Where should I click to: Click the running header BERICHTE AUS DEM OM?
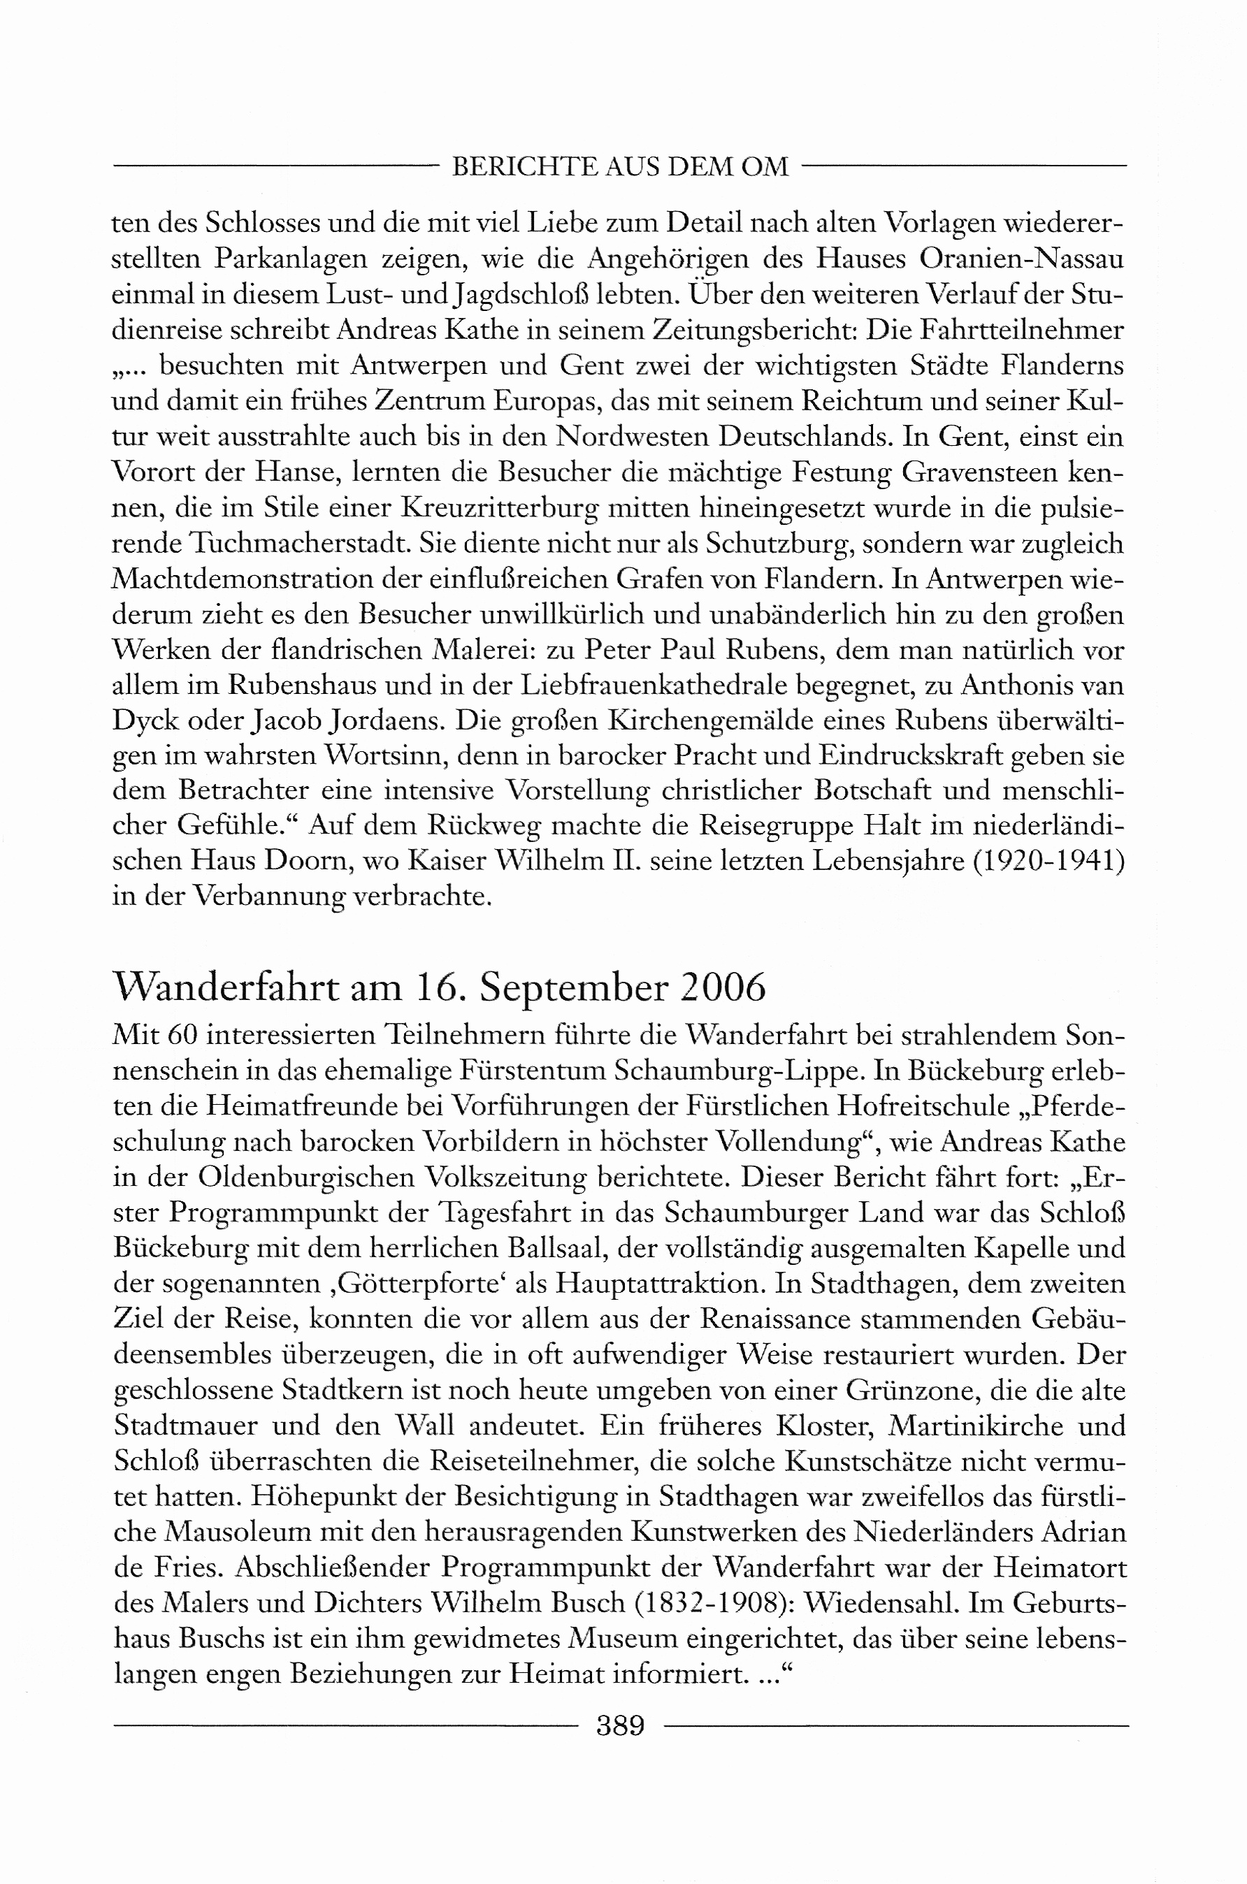click(619, 166)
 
